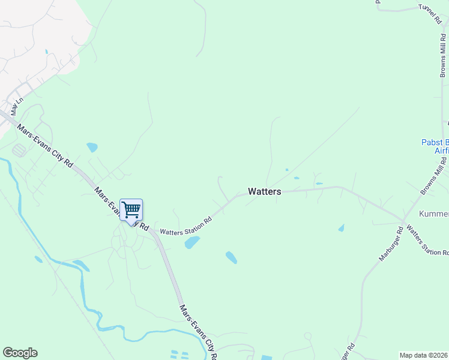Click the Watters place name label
[x=264, y=191]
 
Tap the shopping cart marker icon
[x=131, y=211]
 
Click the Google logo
[x=20, y=353]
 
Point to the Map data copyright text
[x=423, y=355]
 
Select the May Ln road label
[x=16, y=106]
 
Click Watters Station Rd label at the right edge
[x=427, y=240]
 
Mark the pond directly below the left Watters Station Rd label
[x=192, y=242]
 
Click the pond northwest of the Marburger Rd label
[x=341, y=228]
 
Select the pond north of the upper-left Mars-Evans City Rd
[x=92, y=147]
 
